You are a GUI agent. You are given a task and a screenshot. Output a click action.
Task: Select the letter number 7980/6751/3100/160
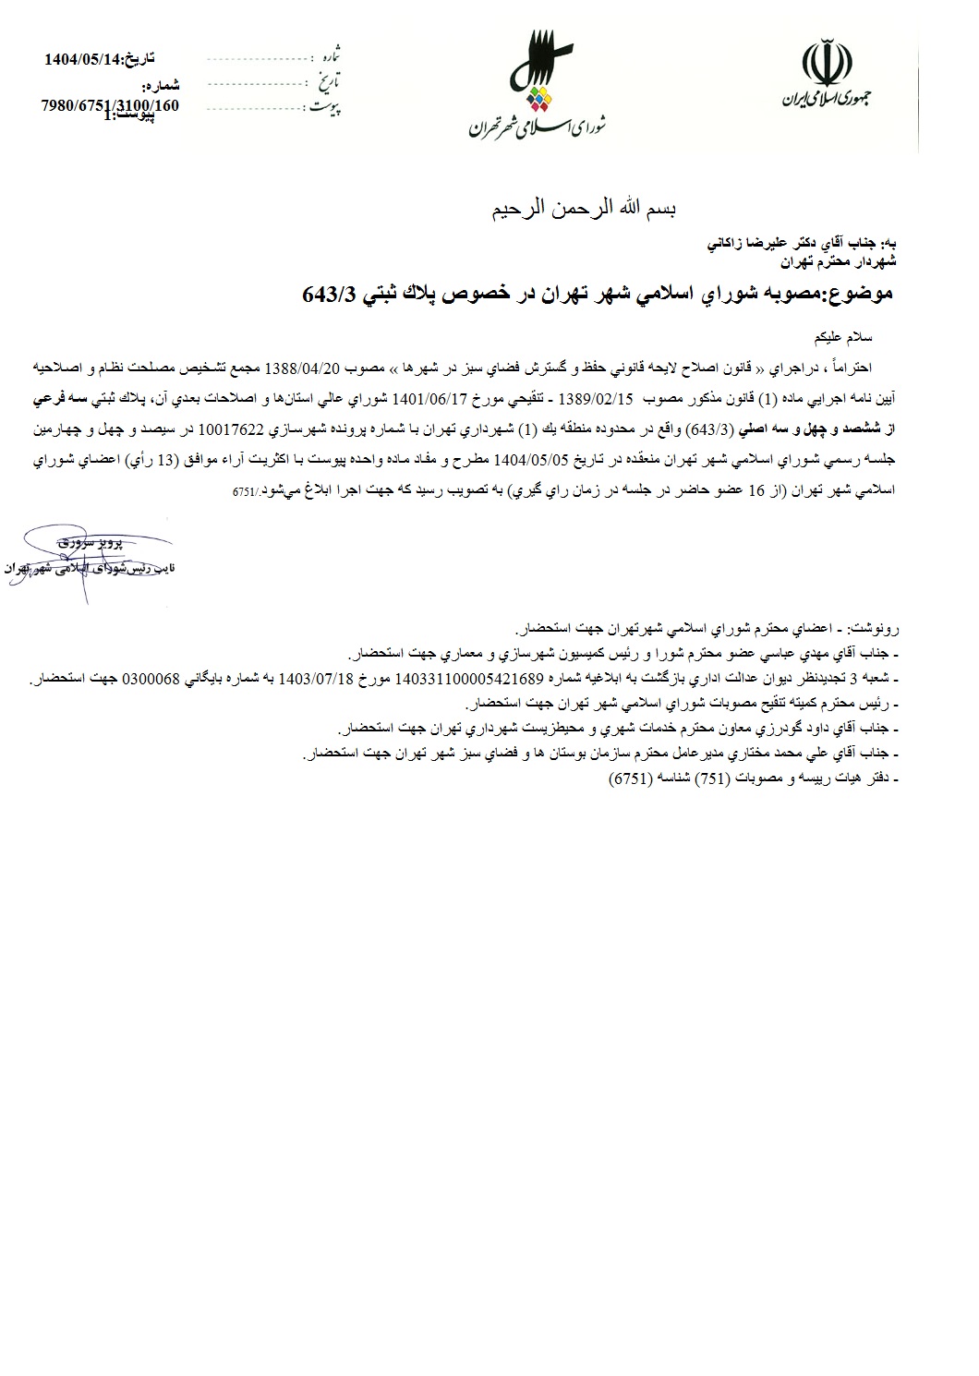[110, 105]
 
